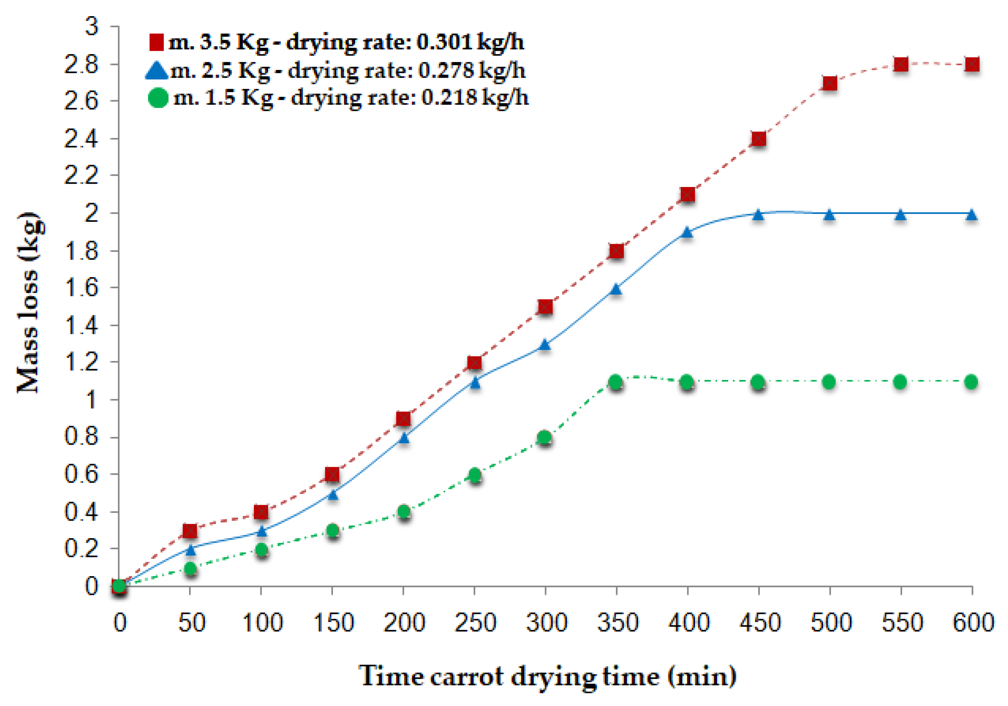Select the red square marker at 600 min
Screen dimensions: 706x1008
point(972,65)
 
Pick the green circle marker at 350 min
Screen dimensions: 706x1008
point(615,382)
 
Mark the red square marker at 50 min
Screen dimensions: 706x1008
point(190,531)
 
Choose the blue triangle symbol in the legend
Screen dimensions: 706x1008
point(157,70)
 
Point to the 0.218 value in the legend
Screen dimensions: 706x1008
point(449,98)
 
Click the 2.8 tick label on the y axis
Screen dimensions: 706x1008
point(81,65)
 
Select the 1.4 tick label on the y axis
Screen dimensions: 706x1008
point(81,325)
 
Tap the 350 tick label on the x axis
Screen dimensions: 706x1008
point(617,623)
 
